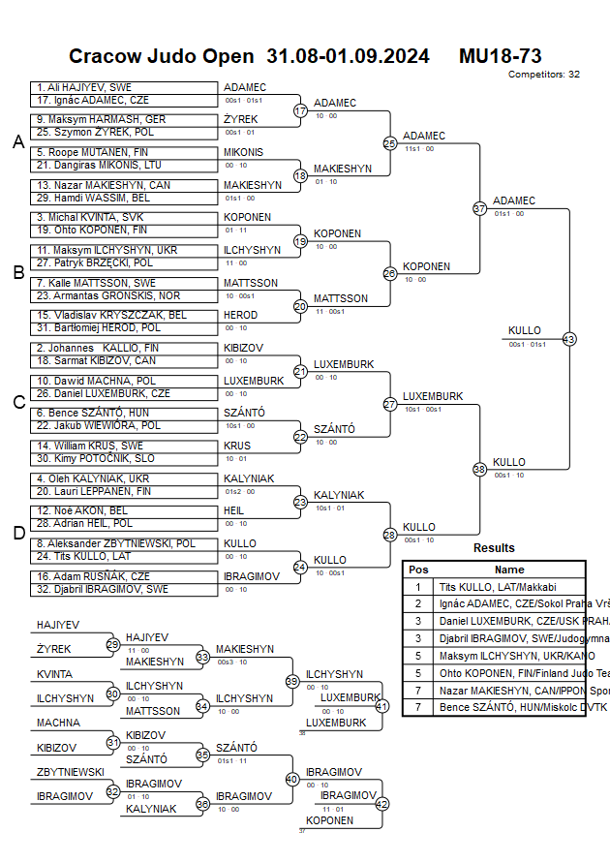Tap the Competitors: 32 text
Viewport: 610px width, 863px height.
click(x=544, y=74)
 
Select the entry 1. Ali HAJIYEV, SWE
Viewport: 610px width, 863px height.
click(x=85, y=87)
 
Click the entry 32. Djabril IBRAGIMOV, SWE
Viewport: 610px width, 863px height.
click(x=103, y=588)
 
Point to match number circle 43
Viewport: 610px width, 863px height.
click(x=568, y=339)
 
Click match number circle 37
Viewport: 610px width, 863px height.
click(x=479, y=208)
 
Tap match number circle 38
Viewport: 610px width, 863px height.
click(x=479, y=469)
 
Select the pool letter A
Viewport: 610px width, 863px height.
click(x=17, y=142)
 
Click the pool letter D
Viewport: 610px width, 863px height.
click(x=17, y=533)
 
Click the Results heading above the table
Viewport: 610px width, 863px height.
click(x=494, y=548)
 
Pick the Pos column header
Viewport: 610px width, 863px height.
click(x=418, y=570)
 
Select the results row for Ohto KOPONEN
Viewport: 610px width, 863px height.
click(x=494, y=674)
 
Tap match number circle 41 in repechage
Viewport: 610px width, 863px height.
click(x=381, y=705)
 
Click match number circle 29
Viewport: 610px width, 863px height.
click(x=112, y=644)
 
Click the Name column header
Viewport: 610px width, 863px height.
click(x=509, y=570)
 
